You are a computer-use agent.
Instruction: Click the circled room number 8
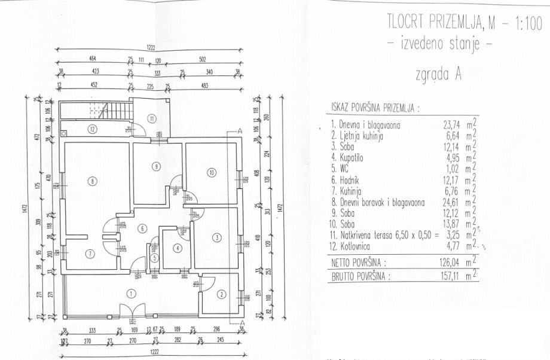click(93, 180)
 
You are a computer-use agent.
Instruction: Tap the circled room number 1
click(131, 292)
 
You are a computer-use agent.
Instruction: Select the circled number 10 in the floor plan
click(212, 173)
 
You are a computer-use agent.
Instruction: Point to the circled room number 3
click(216, 237)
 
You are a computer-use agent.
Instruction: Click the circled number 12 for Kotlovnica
click(93, 129)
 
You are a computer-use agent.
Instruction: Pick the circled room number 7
click(90, 254)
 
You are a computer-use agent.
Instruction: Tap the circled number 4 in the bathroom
click(177, 248)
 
